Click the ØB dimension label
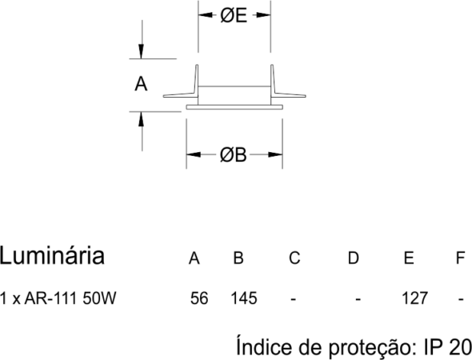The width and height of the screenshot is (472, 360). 233,155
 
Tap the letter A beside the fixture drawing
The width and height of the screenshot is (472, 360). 141,84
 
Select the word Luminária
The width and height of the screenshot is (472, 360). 52,256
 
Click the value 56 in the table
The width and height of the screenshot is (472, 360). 199,298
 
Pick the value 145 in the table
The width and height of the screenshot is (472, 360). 244,298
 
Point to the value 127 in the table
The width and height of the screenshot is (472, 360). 414,298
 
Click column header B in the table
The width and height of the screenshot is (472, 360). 238,258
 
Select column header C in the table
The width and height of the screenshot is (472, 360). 294,258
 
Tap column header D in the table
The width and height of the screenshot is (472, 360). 353,258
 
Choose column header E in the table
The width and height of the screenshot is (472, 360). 409,258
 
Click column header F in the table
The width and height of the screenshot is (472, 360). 460,258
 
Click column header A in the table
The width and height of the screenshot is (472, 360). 194,258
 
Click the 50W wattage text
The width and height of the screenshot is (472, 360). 99,298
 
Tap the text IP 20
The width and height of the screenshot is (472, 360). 448,346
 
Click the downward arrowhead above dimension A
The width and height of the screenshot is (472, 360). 141,51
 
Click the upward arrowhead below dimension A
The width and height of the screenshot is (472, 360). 141,119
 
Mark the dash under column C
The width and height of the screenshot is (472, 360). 294,299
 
